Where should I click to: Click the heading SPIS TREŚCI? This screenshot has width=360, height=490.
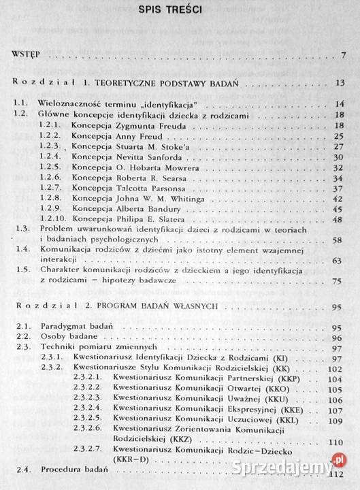(x=180, y=10)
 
